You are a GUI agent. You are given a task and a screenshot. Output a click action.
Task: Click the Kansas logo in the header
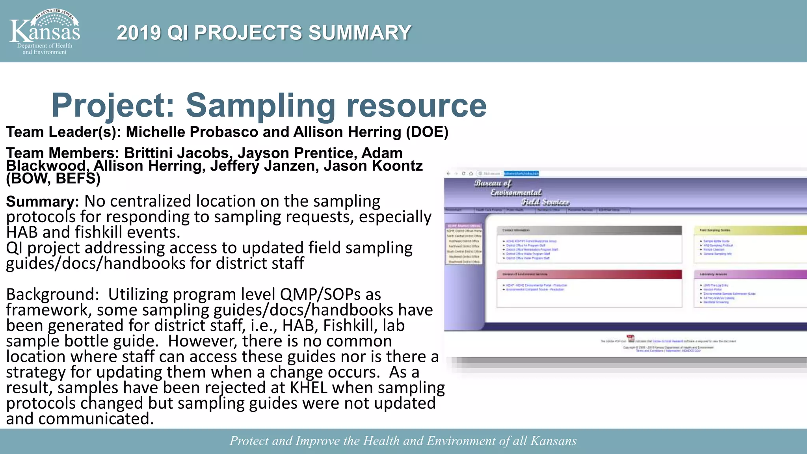[45, 32]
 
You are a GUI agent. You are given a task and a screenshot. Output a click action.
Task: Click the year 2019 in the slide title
[139, 33]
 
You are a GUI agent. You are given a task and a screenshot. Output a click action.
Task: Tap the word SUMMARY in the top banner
[359, 33]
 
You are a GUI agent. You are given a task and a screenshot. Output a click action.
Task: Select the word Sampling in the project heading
[260, 105]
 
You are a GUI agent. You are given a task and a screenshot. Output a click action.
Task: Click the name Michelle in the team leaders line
[156, 132]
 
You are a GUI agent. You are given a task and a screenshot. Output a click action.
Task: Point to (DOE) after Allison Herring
[427, 132]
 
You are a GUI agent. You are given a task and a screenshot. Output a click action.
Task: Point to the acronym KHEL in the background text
[309, 388]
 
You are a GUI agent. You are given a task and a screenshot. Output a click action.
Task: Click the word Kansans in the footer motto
[553, 441]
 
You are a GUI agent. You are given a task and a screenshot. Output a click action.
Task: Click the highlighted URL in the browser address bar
[521, 173]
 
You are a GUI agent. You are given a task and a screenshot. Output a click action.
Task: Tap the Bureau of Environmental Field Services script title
[521, 192]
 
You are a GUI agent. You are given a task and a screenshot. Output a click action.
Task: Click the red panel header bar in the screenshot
[589, 274]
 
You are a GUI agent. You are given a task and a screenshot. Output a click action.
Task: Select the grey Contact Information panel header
[589, 230]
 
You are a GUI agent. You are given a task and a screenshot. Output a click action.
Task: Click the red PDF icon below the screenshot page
[630, 339]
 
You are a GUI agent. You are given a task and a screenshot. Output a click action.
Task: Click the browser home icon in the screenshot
[470, 173]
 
